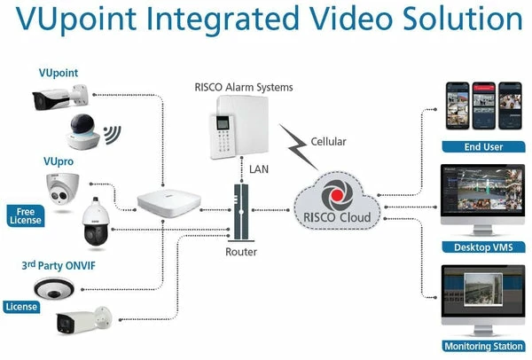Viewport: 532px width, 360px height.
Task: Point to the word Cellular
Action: tap(328, 142)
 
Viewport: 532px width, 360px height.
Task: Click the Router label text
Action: tap(241, 252)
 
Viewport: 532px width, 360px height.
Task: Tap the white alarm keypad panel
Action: tap(226, 129)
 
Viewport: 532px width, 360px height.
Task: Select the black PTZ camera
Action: tap(95, 225)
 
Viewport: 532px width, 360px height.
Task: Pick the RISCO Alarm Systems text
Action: tap(243, 87)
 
